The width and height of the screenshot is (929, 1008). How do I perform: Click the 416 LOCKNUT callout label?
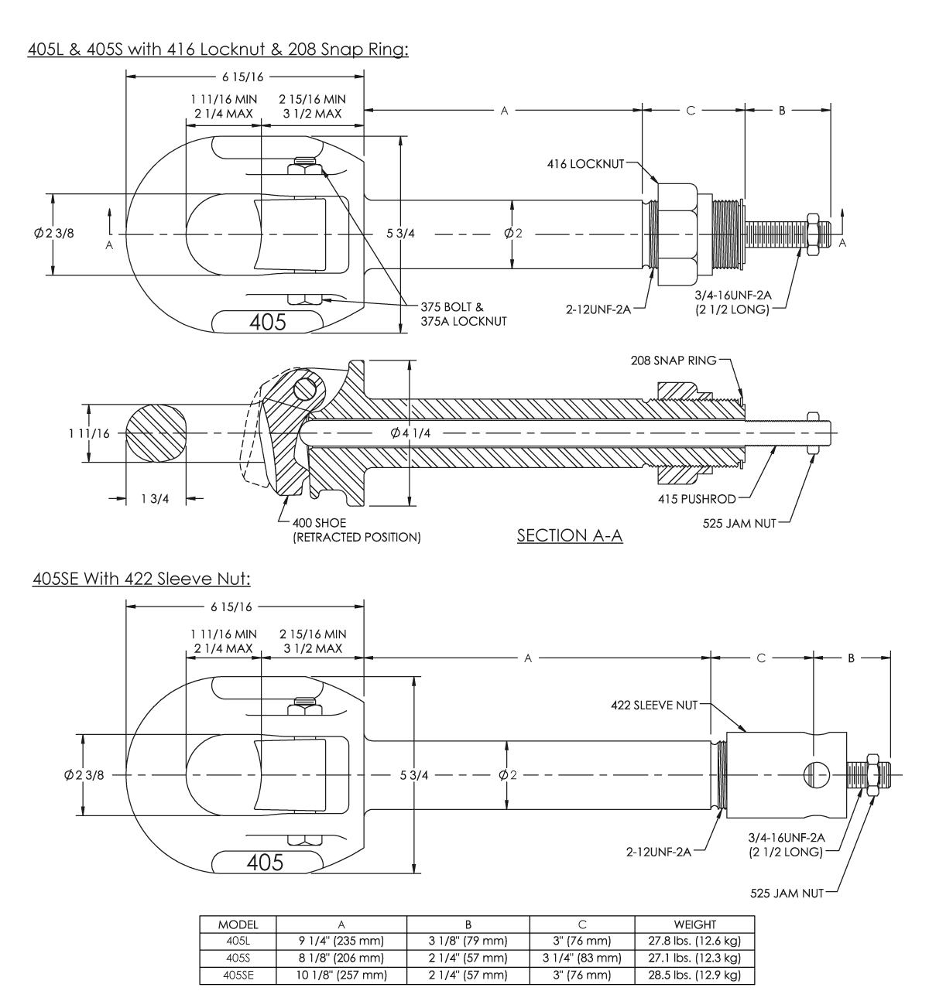[584, 164]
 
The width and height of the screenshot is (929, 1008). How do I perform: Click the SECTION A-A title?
[570, 535]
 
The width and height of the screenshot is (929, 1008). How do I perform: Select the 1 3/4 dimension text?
[155, 499]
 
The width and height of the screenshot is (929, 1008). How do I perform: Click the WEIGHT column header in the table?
[694, 924]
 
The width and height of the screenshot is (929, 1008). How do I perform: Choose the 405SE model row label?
[238, 976]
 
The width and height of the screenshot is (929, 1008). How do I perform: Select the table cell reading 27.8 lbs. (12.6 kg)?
[694, 941]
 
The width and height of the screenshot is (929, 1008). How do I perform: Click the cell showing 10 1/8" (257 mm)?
[341, 976]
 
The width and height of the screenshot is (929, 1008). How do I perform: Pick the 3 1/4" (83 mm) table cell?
[581, 958]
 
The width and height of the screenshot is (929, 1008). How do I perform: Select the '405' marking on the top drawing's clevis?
[267, 322]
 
